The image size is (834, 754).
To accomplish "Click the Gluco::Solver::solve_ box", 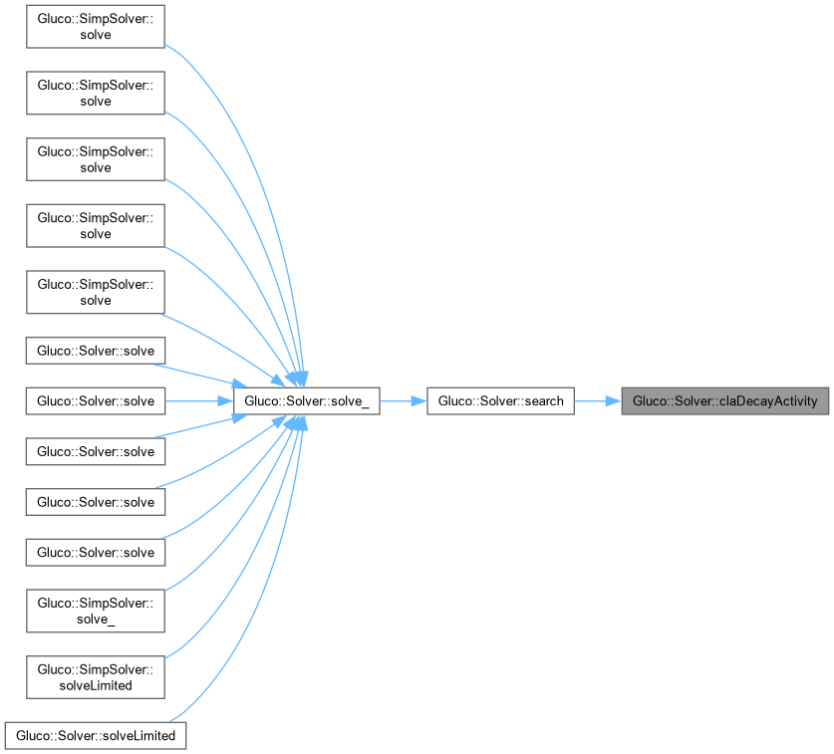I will tap(305, 401).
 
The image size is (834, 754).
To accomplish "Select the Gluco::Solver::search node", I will tap(500, 401).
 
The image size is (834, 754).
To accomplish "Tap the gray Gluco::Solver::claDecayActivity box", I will tap(724, 401).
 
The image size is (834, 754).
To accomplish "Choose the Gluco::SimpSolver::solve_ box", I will tap(95, 611).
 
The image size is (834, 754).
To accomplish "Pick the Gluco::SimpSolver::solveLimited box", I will tap(95, 677).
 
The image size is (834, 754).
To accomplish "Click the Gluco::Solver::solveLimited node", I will tap(96, 736).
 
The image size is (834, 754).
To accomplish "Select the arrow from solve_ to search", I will tap(403, 401).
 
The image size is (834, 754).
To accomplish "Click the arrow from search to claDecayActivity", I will tap(597, 401).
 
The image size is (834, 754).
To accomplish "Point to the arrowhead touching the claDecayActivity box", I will tap(613, 401).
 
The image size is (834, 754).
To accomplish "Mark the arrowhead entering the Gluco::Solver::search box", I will tap(418, 401).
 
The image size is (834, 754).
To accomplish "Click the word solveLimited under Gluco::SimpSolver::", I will tap(96, 686).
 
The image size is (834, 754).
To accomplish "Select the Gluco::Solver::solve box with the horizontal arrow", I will tap(96, 401).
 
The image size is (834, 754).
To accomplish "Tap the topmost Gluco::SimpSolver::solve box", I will tap(95, 27).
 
